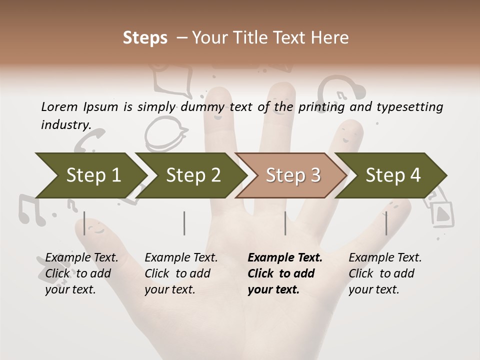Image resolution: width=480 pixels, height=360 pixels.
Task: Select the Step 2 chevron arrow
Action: pos(193,175)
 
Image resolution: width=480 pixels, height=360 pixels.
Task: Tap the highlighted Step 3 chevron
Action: pos(292,175)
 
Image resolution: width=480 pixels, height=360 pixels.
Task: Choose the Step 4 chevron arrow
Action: pos(393,175)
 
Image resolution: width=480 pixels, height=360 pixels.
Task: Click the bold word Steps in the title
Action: pos(145,38)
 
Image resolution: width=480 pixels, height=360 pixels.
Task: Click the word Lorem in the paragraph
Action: pos(59,106)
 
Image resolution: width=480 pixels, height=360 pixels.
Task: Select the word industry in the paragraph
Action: pos(65,125)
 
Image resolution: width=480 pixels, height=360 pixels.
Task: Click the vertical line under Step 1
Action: pos(84,223)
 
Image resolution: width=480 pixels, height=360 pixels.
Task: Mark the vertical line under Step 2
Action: pos(184,223)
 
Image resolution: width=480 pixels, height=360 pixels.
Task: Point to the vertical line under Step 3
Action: pos(285,223)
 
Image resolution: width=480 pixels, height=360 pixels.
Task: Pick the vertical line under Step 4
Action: pos(386,223)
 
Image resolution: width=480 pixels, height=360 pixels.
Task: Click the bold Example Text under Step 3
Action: pos(285,258)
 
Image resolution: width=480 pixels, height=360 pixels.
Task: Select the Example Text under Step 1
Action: pos(81,258)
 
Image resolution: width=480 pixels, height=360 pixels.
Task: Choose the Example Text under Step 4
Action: pos(385,258)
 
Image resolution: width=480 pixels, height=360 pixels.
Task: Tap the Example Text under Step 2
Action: pos(181,258)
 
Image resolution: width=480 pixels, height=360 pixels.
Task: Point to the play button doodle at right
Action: pos(442,213)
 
